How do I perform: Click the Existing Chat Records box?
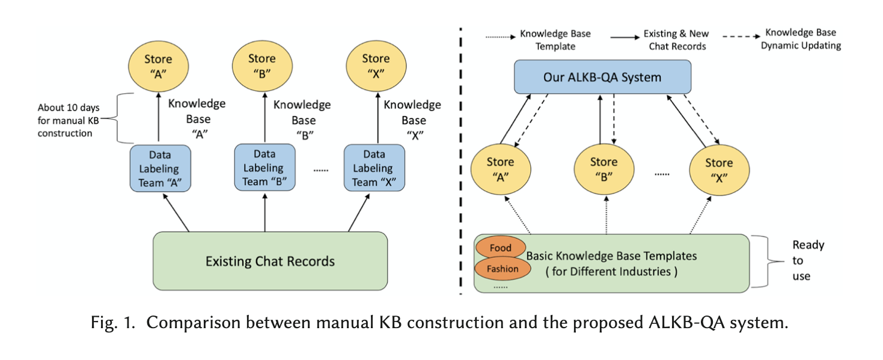pos(270,261)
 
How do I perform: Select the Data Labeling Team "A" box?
pos(160,169)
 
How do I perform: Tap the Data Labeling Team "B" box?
pos(264,168)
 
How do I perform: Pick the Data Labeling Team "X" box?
pos(374,168)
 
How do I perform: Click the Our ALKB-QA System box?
pos(602,78)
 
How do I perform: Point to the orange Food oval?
pos(500,248)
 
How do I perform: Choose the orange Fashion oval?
pos(503,269)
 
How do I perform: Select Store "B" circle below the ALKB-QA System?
pos(603,169)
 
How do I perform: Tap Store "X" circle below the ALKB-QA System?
pos(719,170)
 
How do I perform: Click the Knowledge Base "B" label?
pos(302,120)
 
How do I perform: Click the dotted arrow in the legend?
pos(500,37)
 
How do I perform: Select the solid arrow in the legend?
pos(625,37)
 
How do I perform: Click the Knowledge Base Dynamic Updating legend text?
pos(800,39)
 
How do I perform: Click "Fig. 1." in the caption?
pos(114,323)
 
